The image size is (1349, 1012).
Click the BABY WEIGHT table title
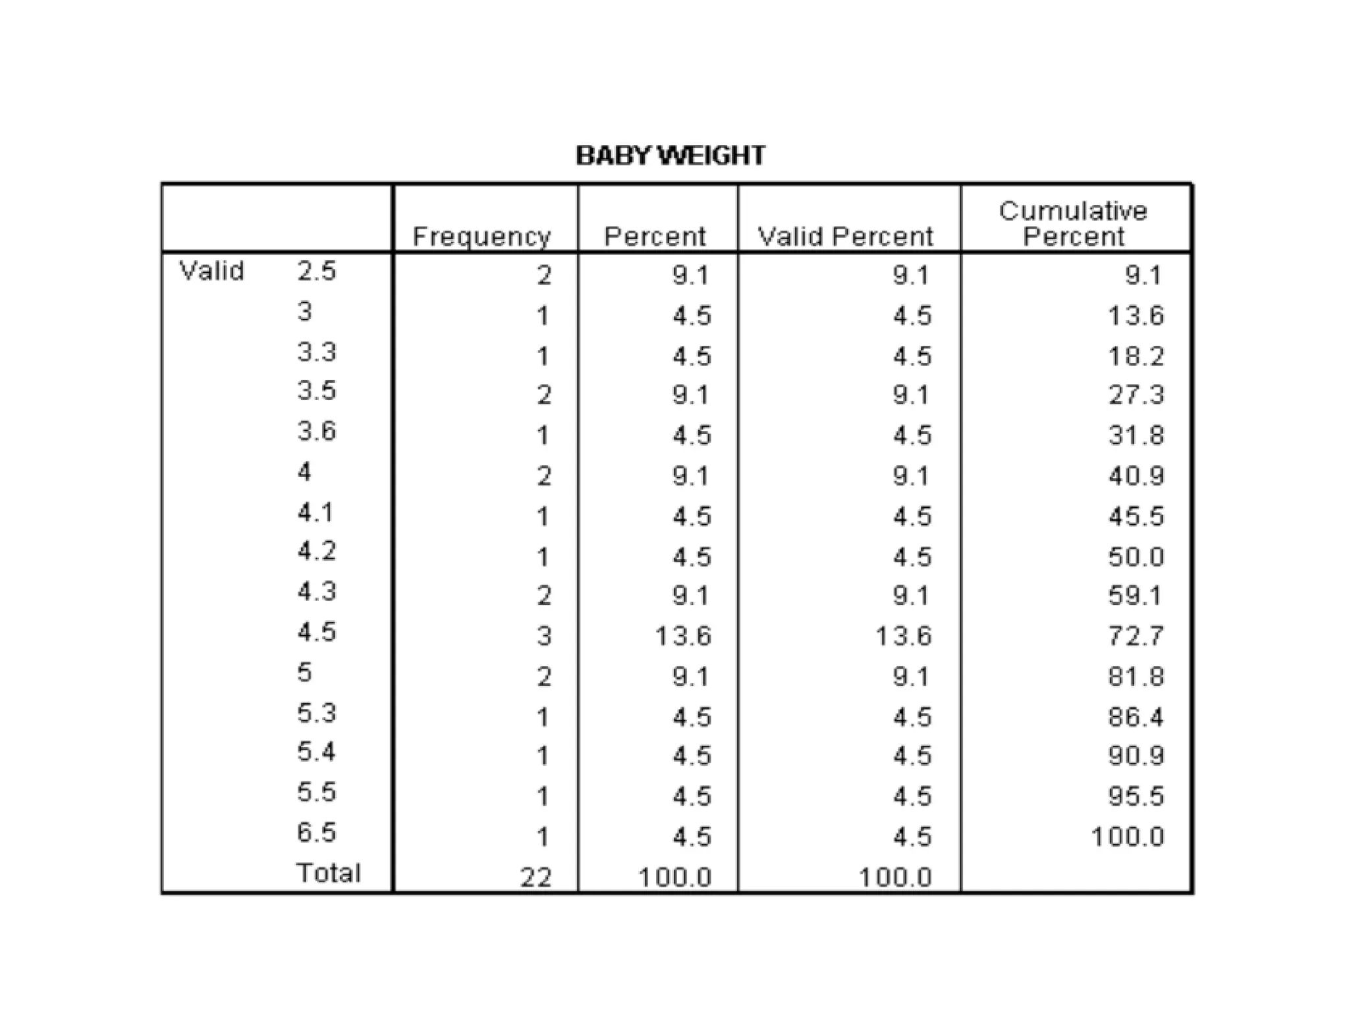[x=670, y=155]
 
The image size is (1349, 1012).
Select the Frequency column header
[x=482, y=237]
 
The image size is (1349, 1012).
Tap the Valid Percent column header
[x=846, y=237]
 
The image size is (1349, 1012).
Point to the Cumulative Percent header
[x=1073, y=224]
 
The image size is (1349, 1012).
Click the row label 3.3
[x=317, y=352]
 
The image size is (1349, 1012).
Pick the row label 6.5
[x=317, y=833]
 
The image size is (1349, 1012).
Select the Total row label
[x=329, y=873]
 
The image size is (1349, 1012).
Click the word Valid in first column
[x=211, y=271]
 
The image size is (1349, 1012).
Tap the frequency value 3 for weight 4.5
[x=543, y=636]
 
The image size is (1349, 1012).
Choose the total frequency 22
[x=536, y=878]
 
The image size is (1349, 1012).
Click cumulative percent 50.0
[x=1136, y=557]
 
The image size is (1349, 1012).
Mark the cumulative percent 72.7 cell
[x=1136, y=636]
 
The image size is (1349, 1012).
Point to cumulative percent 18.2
[x=1136, y=357]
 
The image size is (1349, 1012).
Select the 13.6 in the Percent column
[x=684, y=636]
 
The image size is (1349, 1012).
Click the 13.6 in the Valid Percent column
[x=904, y=636]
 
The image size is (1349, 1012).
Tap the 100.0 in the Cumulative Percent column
[x=1128, y=837]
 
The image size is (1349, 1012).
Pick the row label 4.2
[x=317, y=551]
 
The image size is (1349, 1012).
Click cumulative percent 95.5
[x=1136, y=797]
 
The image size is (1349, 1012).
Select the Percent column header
[x=655, y=237]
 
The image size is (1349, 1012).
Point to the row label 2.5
[x=317, y=271]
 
